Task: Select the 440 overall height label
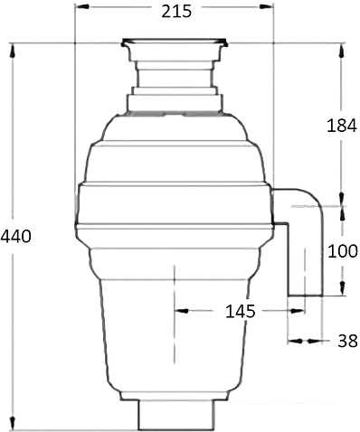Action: point(16,237)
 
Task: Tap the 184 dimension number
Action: point(341,126)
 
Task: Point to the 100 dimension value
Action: point(341,251)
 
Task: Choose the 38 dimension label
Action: point(346,341)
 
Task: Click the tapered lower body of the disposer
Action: point(172,334)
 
